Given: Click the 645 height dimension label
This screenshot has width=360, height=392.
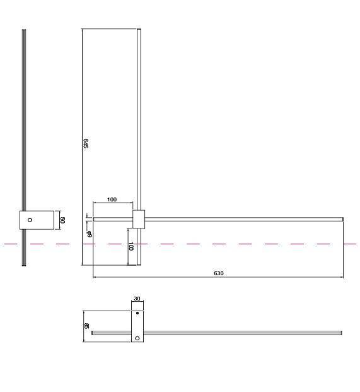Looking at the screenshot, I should tap(85, 143).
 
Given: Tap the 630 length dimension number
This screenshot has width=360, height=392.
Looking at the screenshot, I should tap(219, 273).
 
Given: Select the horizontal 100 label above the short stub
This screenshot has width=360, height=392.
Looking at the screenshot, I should tap(112, 199).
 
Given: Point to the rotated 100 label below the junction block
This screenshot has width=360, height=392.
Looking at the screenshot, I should tap(131, 246).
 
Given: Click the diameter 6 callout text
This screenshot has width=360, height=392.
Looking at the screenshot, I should tap(90, 234).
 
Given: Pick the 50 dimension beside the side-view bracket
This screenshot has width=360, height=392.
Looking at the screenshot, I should tap(62, 220).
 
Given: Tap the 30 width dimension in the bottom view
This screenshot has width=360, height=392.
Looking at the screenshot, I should tap(137, 300).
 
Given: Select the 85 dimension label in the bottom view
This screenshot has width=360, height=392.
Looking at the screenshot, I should tap(86, 326).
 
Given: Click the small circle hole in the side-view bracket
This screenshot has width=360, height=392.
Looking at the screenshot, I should tap(30, 220).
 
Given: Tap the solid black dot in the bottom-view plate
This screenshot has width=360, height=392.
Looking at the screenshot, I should tap(137, 313).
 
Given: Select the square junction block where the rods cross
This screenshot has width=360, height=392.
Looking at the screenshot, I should tap(139, 218).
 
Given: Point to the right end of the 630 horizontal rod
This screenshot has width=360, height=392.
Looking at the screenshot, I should tap(342, 218).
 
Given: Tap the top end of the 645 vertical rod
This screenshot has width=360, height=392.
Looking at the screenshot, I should tap(139, 30).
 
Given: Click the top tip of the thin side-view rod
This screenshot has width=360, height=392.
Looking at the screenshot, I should tap(24, 31).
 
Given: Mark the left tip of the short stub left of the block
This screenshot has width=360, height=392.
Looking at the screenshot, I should tap(94, 218).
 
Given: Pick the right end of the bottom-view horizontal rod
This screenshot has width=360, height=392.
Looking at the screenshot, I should tap(340, 332).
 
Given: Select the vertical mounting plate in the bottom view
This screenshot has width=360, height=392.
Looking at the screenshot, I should tap(137, 325).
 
